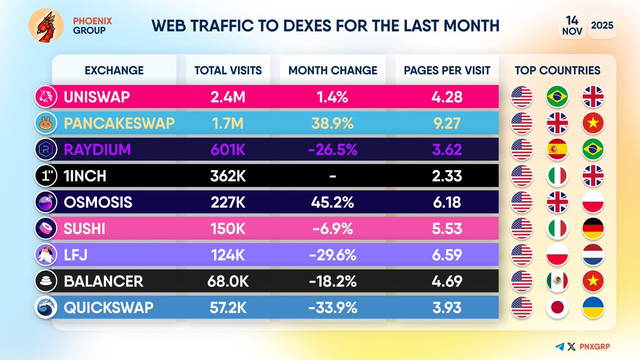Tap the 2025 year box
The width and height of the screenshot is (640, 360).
pos(602,25)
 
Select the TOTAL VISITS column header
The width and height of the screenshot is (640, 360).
pos(228,70)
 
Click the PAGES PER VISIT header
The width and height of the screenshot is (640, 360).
pos(447,70)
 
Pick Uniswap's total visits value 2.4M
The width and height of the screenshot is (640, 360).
pos(228,97)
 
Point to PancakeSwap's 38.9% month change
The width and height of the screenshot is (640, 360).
pos(332,123)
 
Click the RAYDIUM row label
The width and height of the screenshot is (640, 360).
pos(97,149)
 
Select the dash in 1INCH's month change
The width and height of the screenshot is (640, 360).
pos(332,175)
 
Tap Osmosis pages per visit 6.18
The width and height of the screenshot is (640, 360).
pos(447,202)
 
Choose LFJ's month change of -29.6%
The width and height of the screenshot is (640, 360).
pos(332,255)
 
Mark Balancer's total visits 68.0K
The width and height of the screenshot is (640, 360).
pos(228,281)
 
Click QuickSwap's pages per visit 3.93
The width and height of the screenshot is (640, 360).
pos(447,307)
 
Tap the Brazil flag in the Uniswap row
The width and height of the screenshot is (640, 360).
pos(557,97)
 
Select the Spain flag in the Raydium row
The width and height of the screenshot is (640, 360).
pos(557,149)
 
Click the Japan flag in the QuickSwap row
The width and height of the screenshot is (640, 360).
pos(557,307)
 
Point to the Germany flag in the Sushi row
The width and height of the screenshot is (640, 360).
pos(592,228)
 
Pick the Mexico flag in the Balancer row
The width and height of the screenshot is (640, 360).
pos(557,281)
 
